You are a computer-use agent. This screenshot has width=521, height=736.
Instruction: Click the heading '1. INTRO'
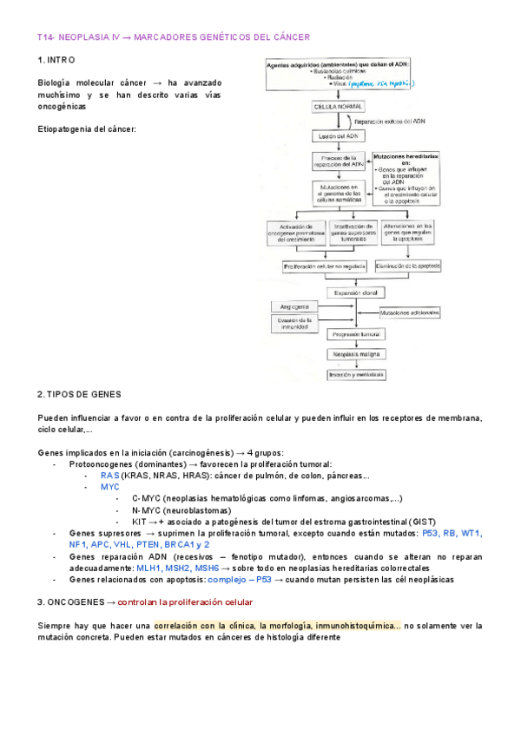[x=57, y=60]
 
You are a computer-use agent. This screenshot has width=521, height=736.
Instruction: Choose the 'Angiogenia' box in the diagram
[x=291, y=307]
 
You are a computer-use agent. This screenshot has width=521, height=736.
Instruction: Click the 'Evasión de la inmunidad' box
[x=291, y=323]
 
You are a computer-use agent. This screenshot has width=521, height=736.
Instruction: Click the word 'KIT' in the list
[x=140, y=522]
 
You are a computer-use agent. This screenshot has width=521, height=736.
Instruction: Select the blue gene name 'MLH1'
[x=148, y=568]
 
